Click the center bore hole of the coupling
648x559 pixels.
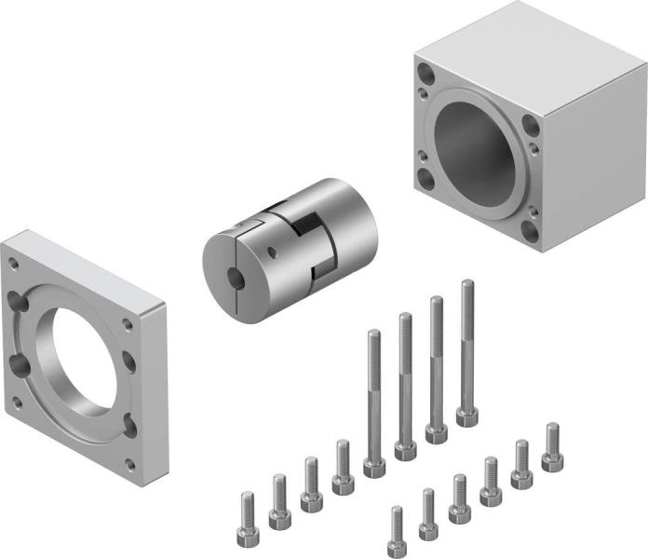tap(235, 277)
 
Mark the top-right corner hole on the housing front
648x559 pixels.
tap(530, 122)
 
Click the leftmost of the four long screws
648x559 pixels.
tap(374, 401)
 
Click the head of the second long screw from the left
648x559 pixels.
tap(406, 450)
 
